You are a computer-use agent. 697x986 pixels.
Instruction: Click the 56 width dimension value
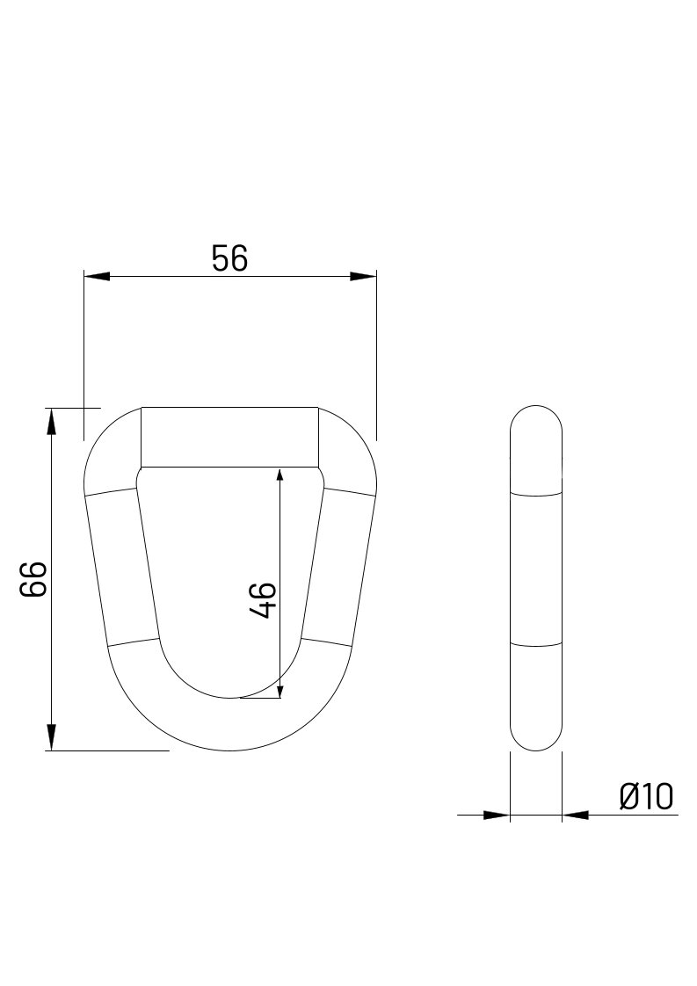(x=229, y=259)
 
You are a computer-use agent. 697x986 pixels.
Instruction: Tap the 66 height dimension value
(x=33, y=579)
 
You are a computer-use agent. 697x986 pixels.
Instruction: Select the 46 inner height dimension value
(x=262, y=600)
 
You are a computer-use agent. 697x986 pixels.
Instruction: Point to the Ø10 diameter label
(x=646, y=797)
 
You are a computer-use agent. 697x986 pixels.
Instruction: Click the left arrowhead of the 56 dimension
(x=97, y=277)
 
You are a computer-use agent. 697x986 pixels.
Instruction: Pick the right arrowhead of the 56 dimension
(x=364, y=277)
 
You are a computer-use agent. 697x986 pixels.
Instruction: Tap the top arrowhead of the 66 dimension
(x=52, y=421)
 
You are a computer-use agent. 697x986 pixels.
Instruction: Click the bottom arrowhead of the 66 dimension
(x=52, y=737)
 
